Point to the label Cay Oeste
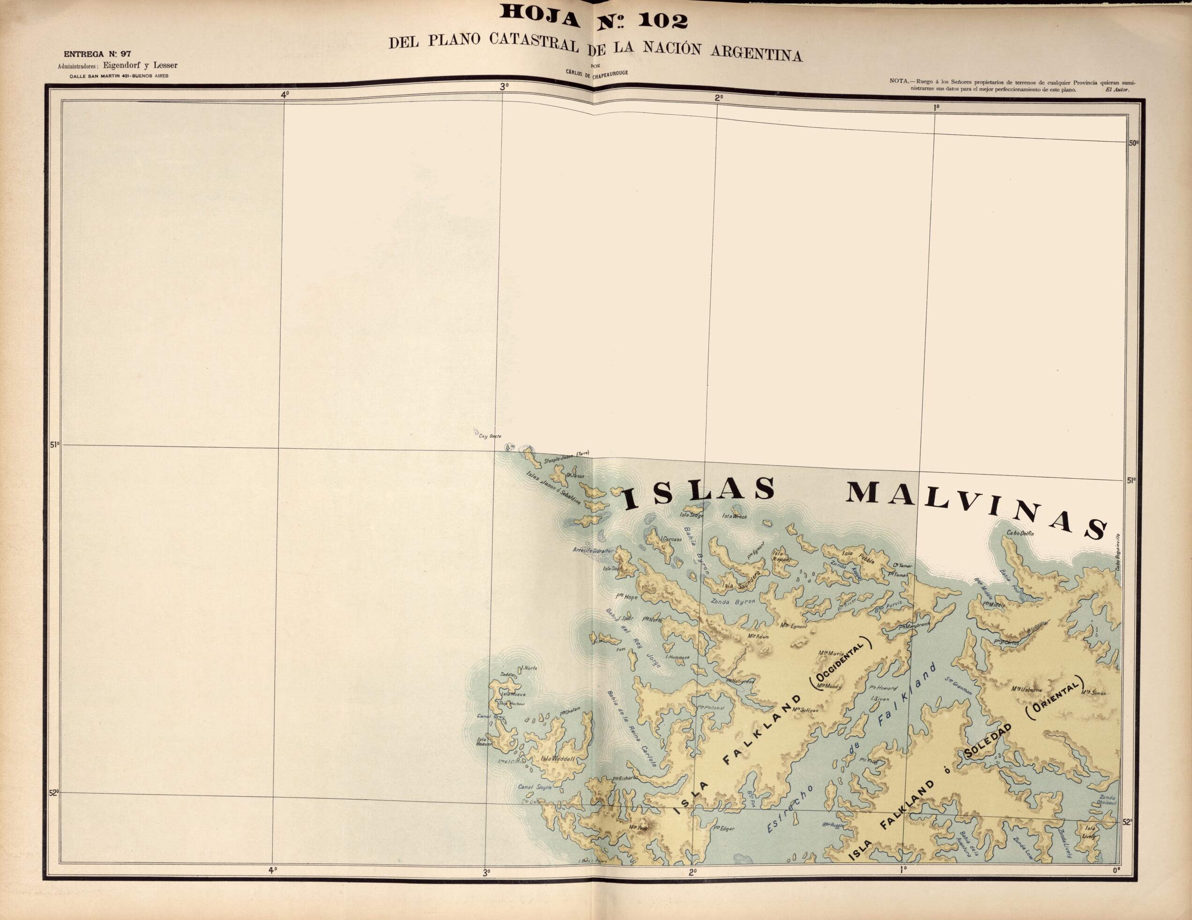coord(489,436)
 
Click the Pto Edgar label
coord(724,828)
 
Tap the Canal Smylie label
coord(535,787)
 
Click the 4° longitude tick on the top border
coord(284,94)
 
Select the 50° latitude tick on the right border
coord(1132,142)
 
